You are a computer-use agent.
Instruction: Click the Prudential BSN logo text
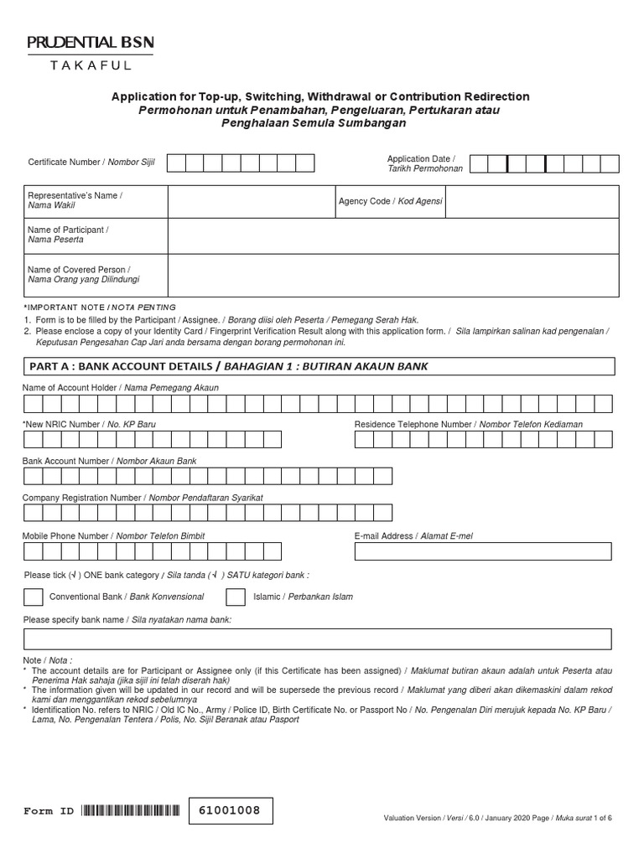tap(90, 42)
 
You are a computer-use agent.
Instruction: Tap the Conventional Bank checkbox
tap(34, 597)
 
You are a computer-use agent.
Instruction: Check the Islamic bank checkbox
tap(237, 597)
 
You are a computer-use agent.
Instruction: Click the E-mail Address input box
tap(482, 551)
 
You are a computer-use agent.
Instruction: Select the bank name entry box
tap(318, 640)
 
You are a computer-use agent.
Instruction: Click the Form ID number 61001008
tap(231, 811)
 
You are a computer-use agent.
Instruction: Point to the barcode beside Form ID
tap(131, 811)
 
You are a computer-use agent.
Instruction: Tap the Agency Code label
tap(390, 202)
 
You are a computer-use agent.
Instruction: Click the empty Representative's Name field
tap(250, 202)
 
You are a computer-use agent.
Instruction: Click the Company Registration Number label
tap(143, 498)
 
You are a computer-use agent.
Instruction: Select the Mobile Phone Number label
tap(113, 535)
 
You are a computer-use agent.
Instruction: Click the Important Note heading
tap(101, 308)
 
